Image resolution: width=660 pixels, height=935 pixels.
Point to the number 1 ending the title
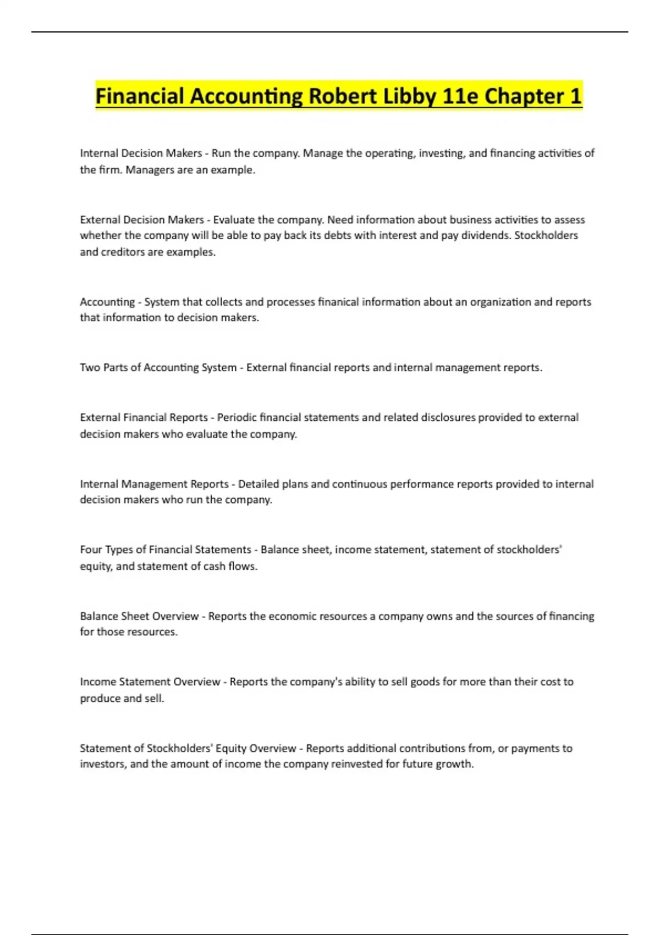coord(575,97)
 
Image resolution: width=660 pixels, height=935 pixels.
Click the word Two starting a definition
coord(90,367)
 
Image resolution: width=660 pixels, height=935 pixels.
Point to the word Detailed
coord(258,484)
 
